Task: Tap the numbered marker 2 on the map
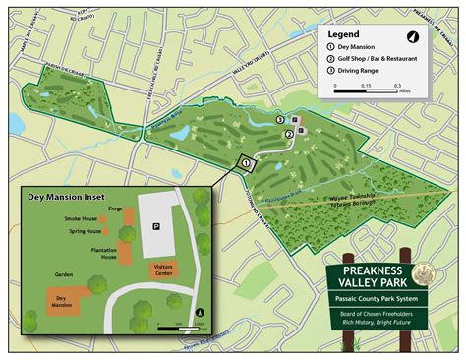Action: [x=288, y=134]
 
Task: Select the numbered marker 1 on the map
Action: [x=245, y=163]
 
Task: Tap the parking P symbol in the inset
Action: [x=156, y=225]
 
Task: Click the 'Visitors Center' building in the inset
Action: [x=163, y=269]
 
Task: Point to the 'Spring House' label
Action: [x=87, y=232]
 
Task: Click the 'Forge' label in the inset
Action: [x=115, y=208]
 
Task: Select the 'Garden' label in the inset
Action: [x=65, y=274]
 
